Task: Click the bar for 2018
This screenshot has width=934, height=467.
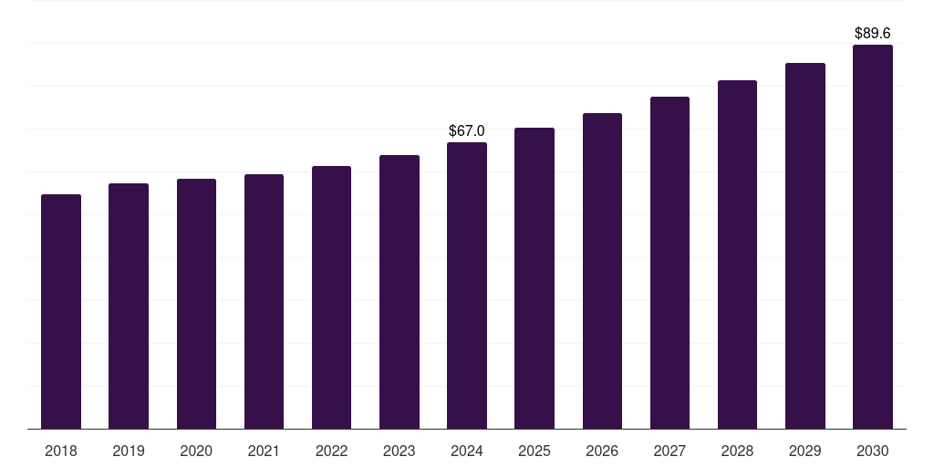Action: pyautogui.click(x=61, y=311)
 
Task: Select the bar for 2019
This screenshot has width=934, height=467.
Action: pyautogui.click(x=129, y=306)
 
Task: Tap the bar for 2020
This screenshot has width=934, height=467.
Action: pyautogui.click(x=196, y=304)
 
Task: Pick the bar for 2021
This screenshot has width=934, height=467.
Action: pyautogui.click(x=264, y=301)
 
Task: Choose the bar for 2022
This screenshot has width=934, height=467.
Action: pyautogui.click(x=331, y=297)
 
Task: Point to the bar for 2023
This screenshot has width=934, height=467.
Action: pyautogui.click(x=400, y=292)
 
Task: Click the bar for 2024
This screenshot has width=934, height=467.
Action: pyautogui.click(x=467, y=285)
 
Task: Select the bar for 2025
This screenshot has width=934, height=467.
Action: pyautogui.click(x=534, y=278)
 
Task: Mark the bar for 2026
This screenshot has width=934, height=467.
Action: pyautogui.click(x=602, y=271)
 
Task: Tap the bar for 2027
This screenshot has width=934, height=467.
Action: pyautogui.click(x=669, y=263)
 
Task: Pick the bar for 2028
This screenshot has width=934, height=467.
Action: pyautogui.click(x=737, y=254)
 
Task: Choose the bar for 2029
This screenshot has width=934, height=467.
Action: pyautogui.click(x=805, y=245)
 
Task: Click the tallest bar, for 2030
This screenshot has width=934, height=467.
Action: pyautogui.click(x=873, y=236)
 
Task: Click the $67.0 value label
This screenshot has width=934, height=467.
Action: pyautogui.click(x=467, y=131)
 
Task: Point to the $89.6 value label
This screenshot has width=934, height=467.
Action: pyautogui.click(x=873, y=33)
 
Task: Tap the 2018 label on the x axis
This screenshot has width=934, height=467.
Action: pyautogui.click(x=61, y=451)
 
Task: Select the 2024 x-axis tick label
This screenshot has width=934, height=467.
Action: pyautogui.click(x=467, y=451)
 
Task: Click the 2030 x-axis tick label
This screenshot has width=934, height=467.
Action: pyautogui.click(x=873, y=451)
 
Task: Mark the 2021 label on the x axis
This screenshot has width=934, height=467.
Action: pyautogui.click(x=264, y=451)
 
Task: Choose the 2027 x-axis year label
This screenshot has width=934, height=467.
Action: pyautogui.click(x=669, y=451)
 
